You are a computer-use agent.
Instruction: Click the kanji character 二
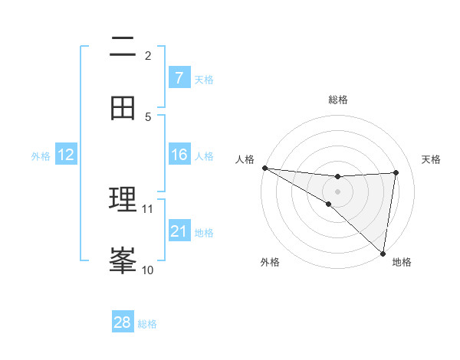(123, 47)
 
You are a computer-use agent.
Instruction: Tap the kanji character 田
(123, 109)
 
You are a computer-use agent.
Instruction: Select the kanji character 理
(123, 201)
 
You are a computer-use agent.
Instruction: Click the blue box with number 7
(179, 77)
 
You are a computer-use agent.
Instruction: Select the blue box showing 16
(179, 155)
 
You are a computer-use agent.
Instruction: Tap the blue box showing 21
(179, 231)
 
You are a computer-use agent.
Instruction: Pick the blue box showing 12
(66, 155)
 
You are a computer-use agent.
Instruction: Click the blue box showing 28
(123, 322)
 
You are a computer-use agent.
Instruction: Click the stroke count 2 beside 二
(148, 55)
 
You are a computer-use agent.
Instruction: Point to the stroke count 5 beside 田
(148, 116)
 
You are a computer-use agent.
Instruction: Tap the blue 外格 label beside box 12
(41, 156)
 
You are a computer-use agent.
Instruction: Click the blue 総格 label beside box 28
(147, 324)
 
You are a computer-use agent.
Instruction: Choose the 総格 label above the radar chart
(337, 100)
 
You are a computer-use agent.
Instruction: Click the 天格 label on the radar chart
(431, 159)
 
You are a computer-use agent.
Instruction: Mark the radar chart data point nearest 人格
(264, 168)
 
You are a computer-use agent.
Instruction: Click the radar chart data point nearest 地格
(383, 253)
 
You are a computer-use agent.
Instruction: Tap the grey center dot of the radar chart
(337, 191)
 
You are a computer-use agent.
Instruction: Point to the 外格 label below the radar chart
(270, 262)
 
